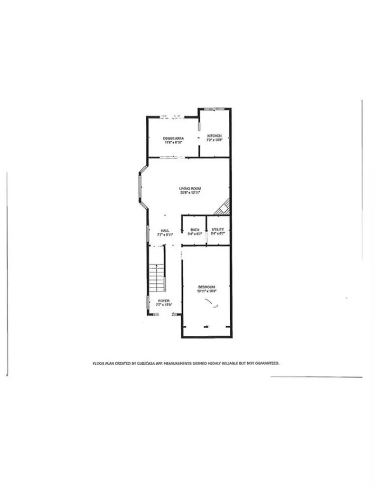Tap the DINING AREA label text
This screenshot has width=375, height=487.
(173, 138)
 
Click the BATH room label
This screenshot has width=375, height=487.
(195, 230)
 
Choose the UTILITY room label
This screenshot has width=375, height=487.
(217, 230)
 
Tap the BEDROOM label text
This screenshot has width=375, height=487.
(206, 287)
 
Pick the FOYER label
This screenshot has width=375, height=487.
(164, 301)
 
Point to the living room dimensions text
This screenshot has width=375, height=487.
(190, 193)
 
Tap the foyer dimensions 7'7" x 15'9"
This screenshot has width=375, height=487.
(164, 305)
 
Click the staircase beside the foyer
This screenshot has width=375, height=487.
(157, 278)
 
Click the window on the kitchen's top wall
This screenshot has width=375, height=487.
(214, 109)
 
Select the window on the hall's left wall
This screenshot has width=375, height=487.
(148, 233)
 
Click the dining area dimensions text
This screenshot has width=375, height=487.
(174, 142)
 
